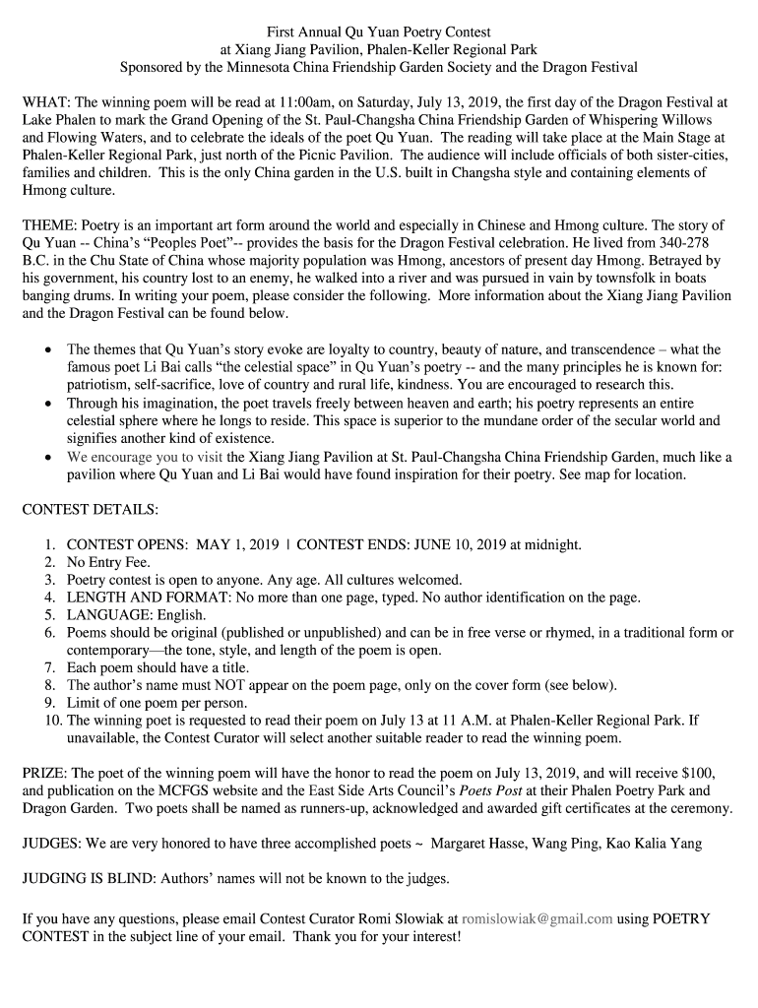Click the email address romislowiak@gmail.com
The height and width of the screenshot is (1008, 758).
point(537,917)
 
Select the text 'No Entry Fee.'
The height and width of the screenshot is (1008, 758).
point(108,562)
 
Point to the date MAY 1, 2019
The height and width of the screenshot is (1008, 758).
point(237,544)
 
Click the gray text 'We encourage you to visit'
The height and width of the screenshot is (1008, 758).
point(145,456)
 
